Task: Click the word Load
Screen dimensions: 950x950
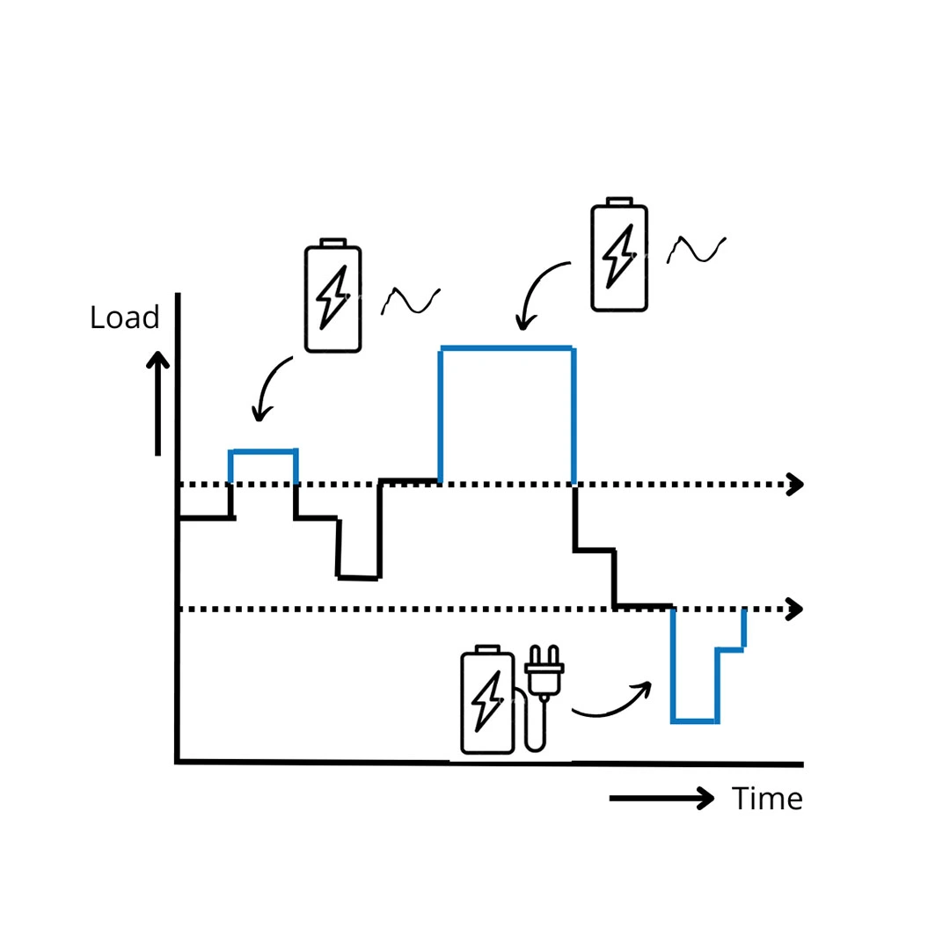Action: pyautogui.click(x=124, y=318)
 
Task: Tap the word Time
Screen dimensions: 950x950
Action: pyautogui.click(x=767, y=799)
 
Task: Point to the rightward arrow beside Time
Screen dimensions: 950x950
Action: pyautogui.click(x=661, y=798)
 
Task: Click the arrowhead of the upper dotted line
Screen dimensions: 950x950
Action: pyautogui.click(x=795, y=484)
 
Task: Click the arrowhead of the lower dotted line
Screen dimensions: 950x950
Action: pyautogui.click(x=795, y=609)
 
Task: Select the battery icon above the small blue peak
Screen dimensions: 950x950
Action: pyautogui.click(x=332, y=296)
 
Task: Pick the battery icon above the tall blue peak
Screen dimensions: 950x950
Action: pyautogui.click(x=619, y=254)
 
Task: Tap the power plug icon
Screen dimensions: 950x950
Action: pyautogui.click(x=544, y=673)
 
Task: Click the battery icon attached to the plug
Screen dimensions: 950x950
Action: pyautogui.click(x=487, y=701)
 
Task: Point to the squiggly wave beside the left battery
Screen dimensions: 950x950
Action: pyautogui.click(x=411, y=301)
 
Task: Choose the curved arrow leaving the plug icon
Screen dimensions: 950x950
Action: pyautogui.click(x=612, y=701)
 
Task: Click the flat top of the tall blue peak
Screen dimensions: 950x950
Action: pyautogui.click(x=507, y=348)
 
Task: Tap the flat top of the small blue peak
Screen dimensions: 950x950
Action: pyautogui.click(x=263, y=451)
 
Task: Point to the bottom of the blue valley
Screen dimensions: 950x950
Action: pyautogui.click(x=695, y=721)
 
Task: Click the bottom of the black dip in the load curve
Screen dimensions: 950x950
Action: pyautogui.click(x=358, y=577)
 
